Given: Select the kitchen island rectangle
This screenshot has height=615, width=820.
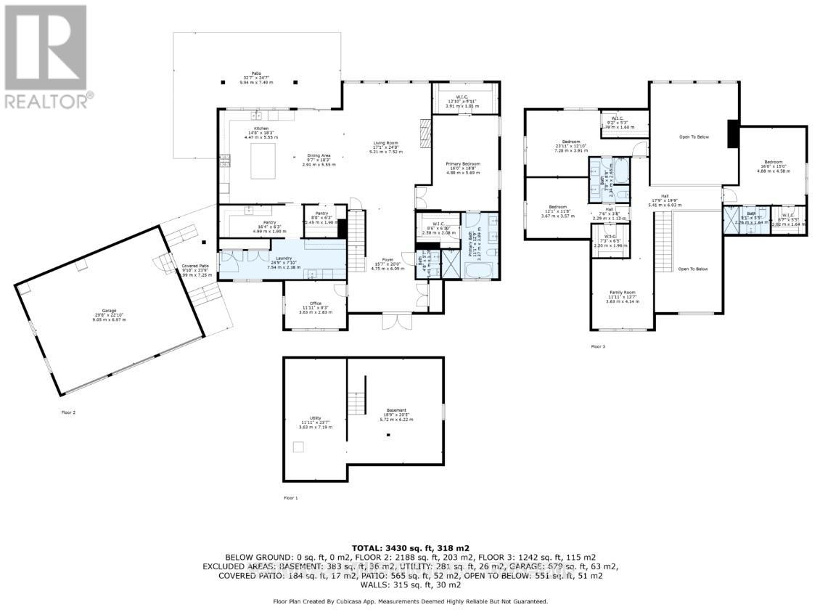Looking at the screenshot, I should [x=264, y=160].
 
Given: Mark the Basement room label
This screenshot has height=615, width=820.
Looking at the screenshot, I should [x=395, y=414].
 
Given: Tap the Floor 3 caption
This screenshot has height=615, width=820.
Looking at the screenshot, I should [x=598, y=347].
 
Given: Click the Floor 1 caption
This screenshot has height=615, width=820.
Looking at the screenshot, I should [x=290, y=498].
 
